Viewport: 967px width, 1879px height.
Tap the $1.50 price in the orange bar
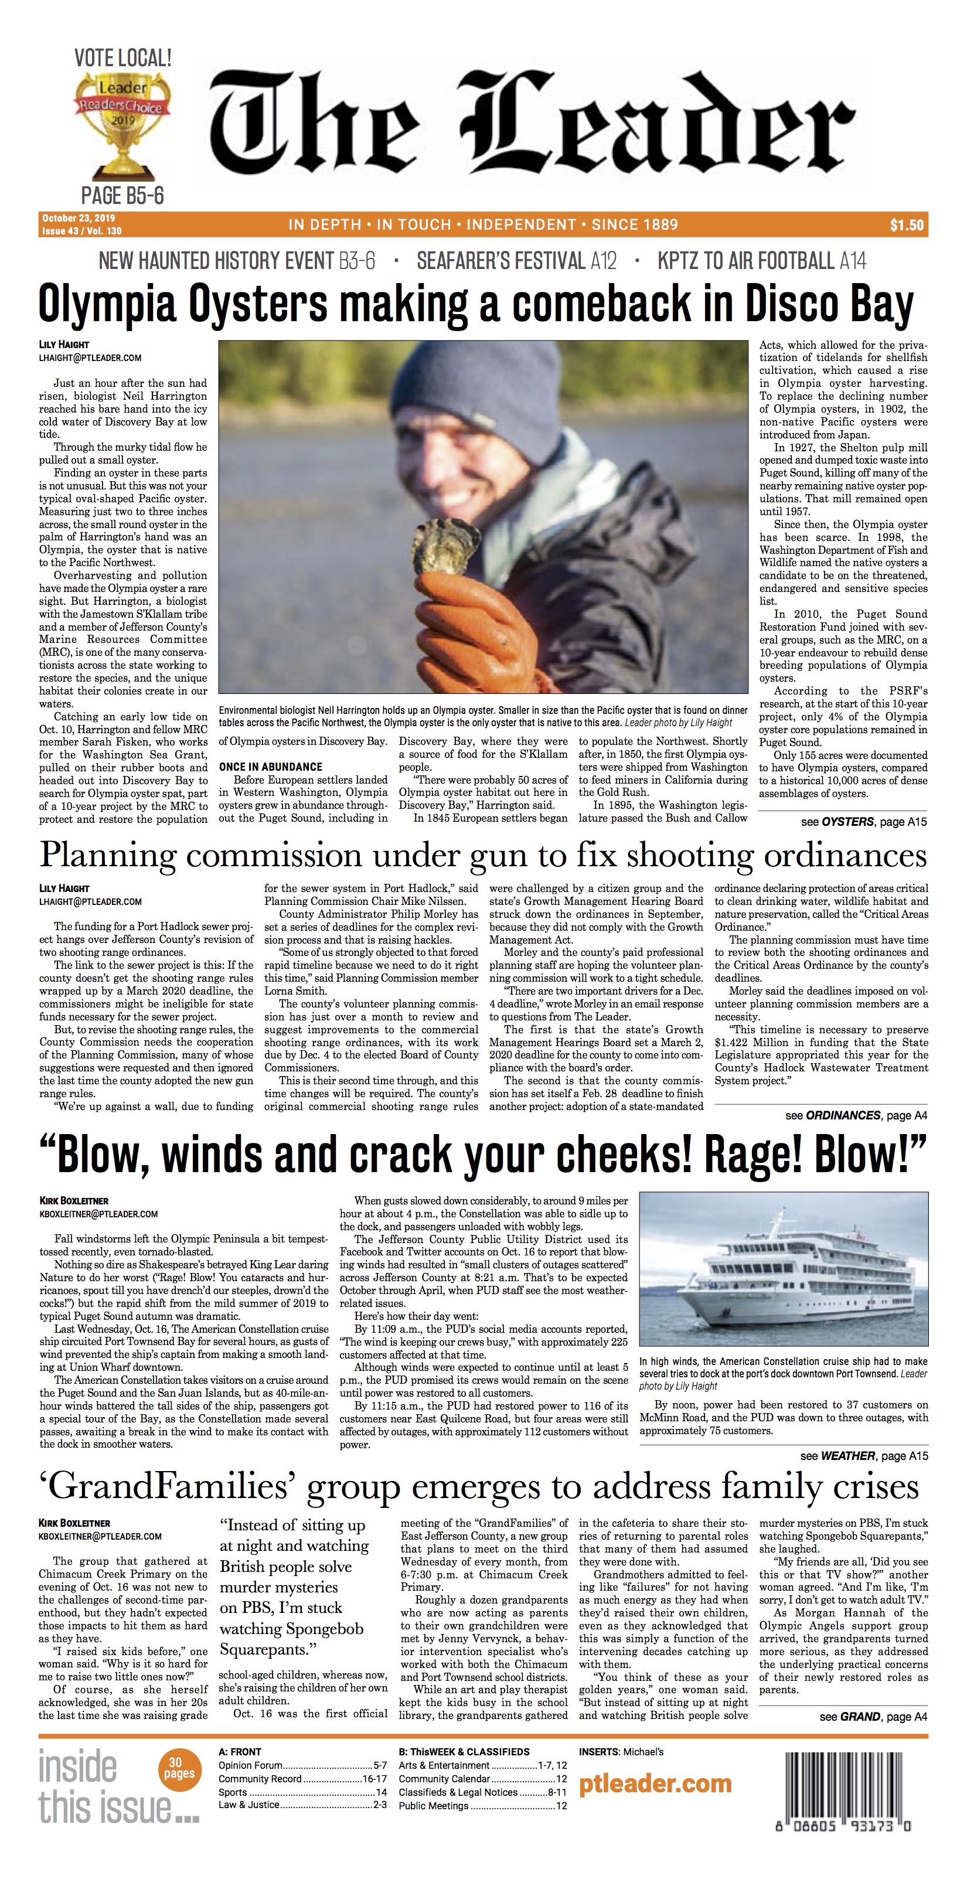[907, 226]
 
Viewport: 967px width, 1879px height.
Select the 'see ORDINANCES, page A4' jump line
[856, 1115]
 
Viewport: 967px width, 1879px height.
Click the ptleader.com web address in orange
[655, 1783]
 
